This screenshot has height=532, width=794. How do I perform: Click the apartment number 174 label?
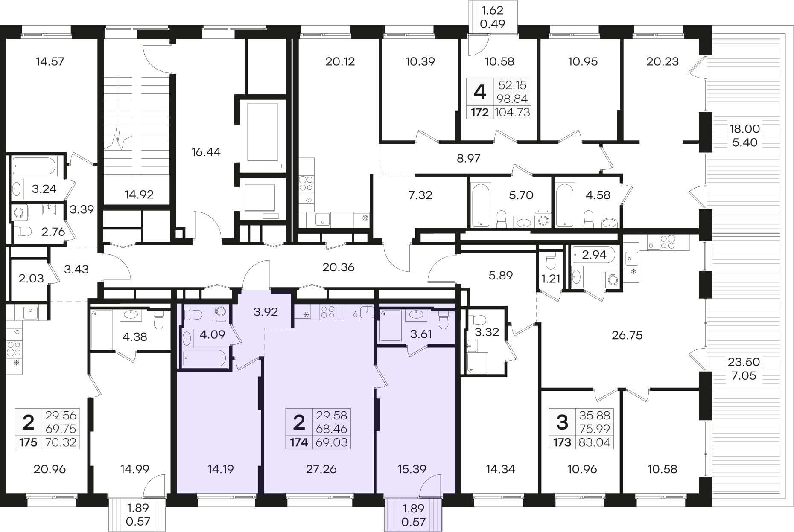coord(299,442)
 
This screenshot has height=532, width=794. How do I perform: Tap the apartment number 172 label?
coord(480,113)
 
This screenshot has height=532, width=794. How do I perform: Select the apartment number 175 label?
coord(28,442)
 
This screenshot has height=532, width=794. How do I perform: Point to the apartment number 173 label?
coord(562,442)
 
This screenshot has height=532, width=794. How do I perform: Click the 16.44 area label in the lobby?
coord(206,152)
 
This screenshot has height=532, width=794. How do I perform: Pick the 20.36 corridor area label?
coord(339,267)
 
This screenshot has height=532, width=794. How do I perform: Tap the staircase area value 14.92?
coord(139,195)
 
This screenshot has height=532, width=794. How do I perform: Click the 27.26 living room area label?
coord(321,469)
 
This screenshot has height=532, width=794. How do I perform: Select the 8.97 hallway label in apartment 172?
coord(468,158)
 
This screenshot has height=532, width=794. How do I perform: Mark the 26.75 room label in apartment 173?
coord(627,335)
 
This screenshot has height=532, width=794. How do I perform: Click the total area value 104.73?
coord(512,113)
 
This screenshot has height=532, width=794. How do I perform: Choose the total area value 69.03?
coord(332,442)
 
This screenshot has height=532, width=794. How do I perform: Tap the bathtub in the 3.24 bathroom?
coord(35,166)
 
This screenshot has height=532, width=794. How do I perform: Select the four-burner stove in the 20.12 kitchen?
coord(306,183)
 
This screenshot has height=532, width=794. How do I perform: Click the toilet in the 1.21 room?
coord(550,259)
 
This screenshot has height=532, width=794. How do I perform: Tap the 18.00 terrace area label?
coord(745,128)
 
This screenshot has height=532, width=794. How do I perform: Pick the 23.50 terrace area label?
coord(744,362)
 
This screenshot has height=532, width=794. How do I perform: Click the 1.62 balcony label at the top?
coord(493,10)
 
